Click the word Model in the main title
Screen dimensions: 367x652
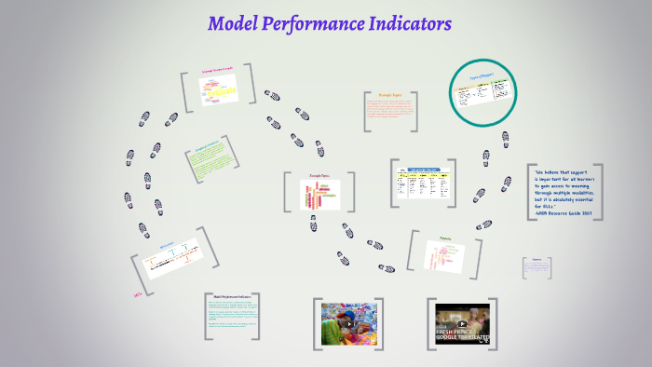click(x=232, y=23)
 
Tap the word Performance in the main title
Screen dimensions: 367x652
click(x=312, y=23)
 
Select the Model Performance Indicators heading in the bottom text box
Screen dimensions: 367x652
click(x=232, y=296)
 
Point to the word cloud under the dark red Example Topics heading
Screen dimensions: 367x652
click(x=314, y=195)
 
